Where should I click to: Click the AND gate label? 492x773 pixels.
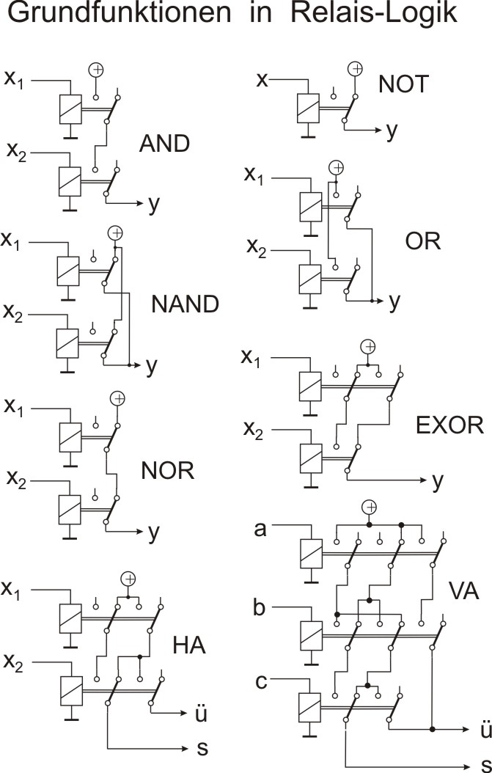click(x=164, y=144)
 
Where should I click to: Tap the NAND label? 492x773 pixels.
click(x=185, y=304)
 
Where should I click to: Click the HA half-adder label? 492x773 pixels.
click(x=189, y=645)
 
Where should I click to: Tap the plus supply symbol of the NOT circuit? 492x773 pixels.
click(x=355, y=69)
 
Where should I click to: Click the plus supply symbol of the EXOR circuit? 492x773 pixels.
click(x=369, y=346)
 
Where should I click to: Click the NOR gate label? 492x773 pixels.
click(x=167, y=470)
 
